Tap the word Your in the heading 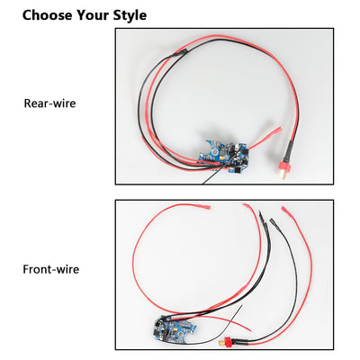click(x=93, y=15)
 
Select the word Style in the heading click(x=130, y=15)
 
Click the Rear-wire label click(x=49, y=103)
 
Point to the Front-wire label click(x=51, y=269)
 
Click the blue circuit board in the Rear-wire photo click(x=225, y=156)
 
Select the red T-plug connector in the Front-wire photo click(x=228, y=341)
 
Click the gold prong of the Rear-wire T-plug click(x=282, y=177)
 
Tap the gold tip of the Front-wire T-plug click(x=220, y=342)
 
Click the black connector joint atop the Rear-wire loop click(x=179, y=53)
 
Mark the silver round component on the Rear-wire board click(x=215, y=151)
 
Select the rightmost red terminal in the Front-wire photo click(x=286, y=211)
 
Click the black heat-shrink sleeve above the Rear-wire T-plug click(x=288, y=151)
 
